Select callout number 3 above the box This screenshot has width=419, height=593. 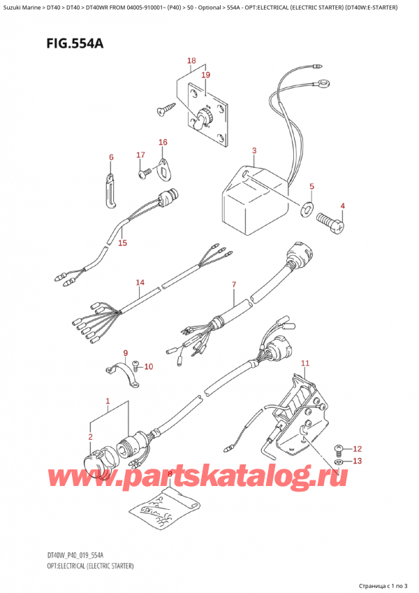pyautogui.click(x=254, y=150)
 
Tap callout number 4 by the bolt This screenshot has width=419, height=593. pyautogui.click(x=343, y=206)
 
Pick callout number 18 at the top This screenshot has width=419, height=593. pyautogui.click(x=191, y=62)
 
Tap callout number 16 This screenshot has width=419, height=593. pyautogui.click(x=163, y=143)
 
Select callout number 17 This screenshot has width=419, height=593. pyautogui.click(x=140, y=155)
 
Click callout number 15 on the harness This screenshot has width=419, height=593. pyautogui.click(x=123, y=243)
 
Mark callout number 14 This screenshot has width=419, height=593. pyautogui.click(x=140, y=283)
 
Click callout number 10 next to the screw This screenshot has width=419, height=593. pyautogui.click(x=148, y=366)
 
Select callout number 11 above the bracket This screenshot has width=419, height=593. pyautogui.click(x=304, y=362)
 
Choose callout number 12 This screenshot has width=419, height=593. pyautogui.click(x=358, y=448)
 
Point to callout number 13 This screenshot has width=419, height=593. pyautogui.click(x=358, y=461)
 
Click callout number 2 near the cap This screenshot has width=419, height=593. pyautogui.click(x=90, y=437)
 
